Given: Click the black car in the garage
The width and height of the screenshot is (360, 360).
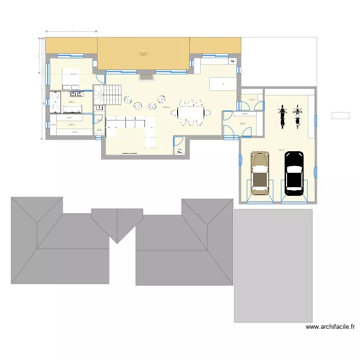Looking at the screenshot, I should [x=294, y=173].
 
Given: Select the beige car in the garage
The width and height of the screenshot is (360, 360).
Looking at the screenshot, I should [x=260, y=173].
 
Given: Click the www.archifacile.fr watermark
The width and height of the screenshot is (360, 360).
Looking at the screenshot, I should [x=330, y=327].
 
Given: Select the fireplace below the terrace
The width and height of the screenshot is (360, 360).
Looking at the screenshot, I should [x=146, y=77].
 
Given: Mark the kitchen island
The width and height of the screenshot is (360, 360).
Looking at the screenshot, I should [x=223, y=84].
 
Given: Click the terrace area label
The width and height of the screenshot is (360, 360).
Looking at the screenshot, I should [x=143, y=54].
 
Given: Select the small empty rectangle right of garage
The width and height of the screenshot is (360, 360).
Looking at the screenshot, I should [x=340, y=115].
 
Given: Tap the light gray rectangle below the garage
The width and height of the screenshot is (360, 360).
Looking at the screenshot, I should [x=273, y=265].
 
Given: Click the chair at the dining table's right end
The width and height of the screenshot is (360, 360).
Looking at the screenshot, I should [x=207, y=113].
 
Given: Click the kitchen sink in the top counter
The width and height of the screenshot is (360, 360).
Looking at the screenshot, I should [x=232, y=61].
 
